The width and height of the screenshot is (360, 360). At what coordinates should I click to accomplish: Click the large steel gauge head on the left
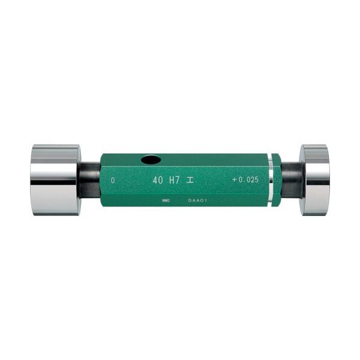55,179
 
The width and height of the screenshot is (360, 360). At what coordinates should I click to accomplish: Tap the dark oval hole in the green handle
151,160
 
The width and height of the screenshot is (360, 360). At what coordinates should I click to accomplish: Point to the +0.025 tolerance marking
245,179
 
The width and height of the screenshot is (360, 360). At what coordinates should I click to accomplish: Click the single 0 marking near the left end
113,180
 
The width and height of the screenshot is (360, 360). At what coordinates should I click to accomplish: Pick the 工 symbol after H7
190,179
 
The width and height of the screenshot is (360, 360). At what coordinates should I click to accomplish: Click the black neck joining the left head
90,179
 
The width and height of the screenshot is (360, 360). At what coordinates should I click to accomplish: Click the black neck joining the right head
290,179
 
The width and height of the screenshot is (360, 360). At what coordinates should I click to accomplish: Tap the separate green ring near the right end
276,179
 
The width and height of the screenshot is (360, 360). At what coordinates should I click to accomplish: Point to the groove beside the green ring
271,179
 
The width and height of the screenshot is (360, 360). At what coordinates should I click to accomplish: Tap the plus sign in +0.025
234,179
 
